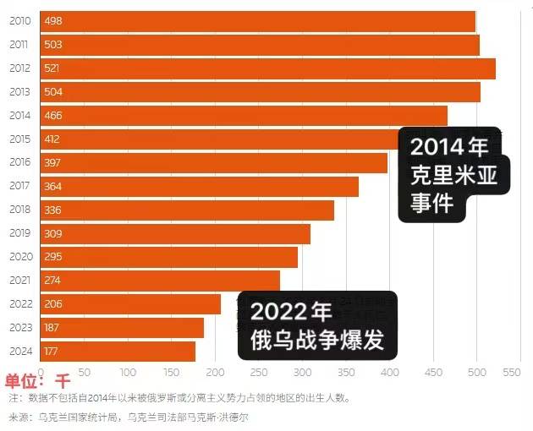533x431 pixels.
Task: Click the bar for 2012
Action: [266, 68]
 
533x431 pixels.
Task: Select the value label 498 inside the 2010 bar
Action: [52, 21]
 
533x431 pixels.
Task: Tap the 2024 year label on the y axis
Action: [19, 352]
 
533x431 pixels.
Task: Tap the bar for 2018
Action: [187, 210]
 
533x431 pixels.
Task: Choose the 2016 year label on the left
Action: [19, 162]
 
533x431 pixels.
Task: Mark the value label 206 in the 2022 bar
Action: [52, 304]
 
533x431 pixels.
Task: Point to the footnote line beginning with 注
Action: [179, 397]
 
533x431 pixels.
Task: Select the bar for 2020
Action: [169, 257]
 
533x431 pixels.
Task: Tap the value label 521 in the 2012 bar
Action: [52, 68]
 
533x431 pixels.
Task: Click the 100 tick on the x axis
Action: [128, 371]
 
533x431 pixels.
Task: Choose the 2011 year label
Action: [19, 45]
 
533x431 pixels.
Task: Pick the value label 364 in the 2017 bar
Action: [52, 186]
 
